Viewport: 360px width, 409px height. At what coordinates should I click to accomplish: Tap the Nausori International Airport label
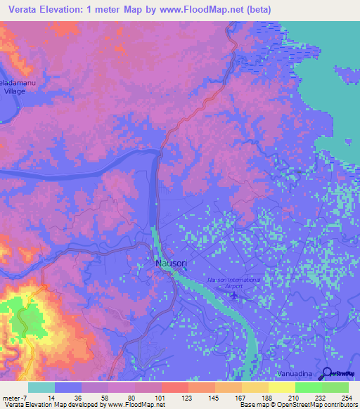pyautogui.click(x=233, y=283)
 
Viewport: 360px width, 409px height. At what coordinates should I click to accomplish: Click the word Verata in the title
pyautogui.click(x=27, y=9)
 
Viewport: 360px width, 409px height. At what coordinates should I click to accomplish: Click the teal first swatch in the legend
pyautogui.click(x=41, y=387)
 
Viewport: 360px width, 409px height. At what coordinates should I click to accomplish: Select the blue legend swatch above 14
pyautogui.click(x=68, y=387)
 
